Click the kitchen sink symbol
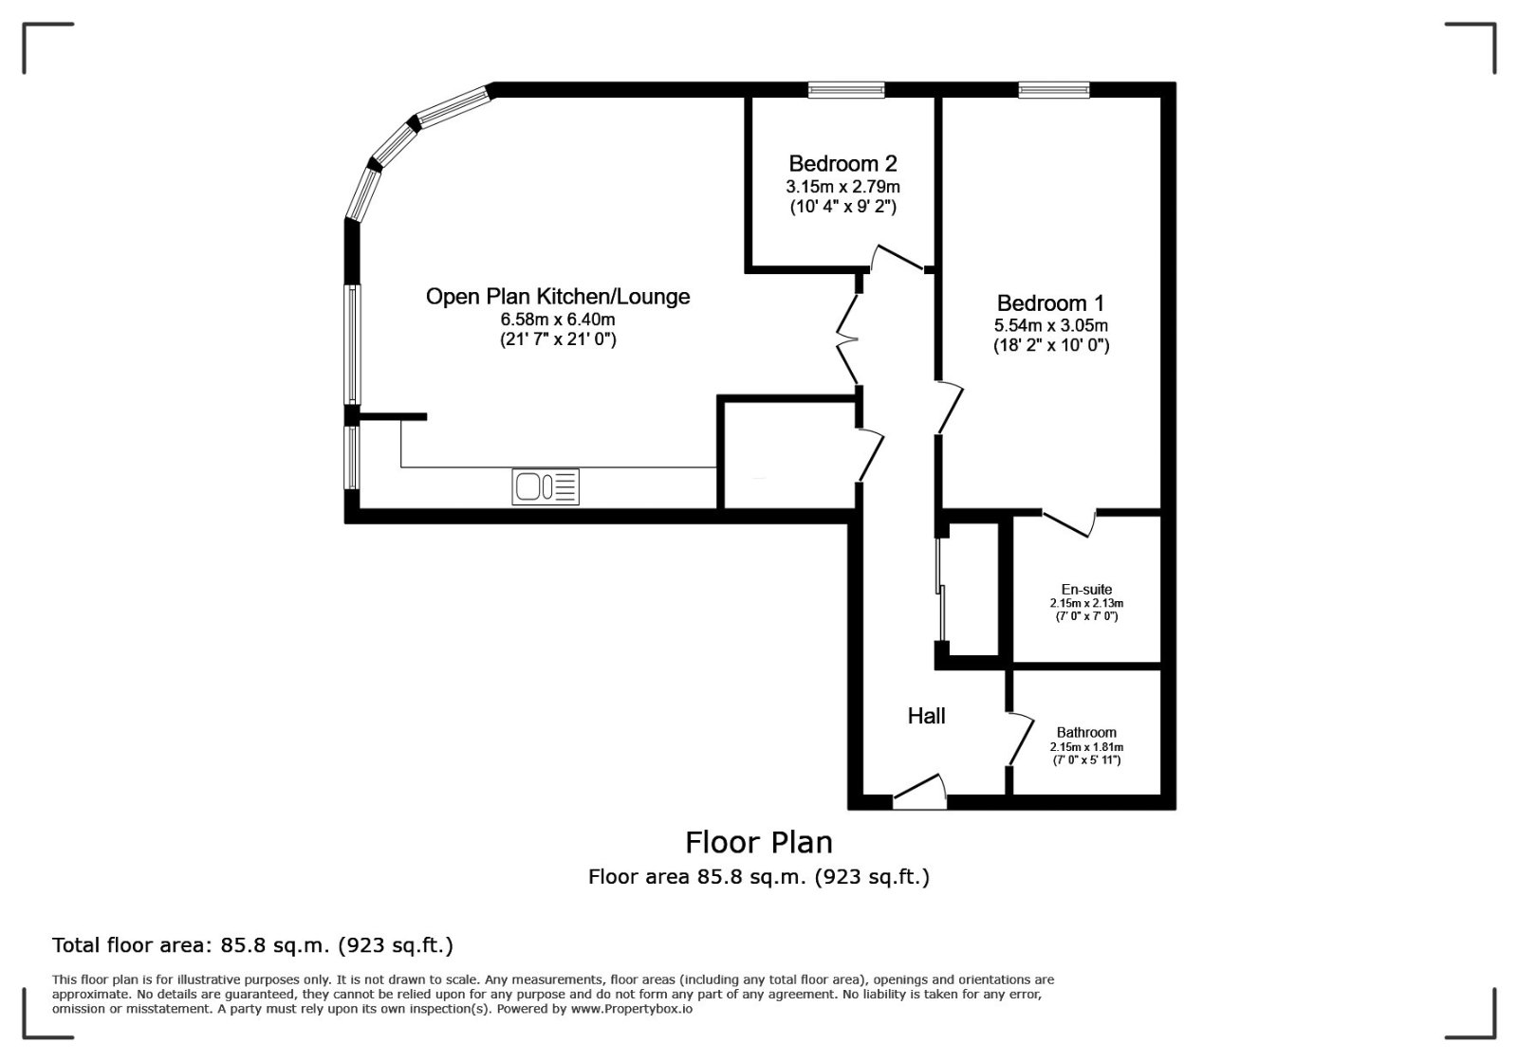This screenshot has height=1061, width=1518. point(546,486)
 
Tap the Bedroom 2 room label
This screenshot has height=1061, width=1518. point(842,164)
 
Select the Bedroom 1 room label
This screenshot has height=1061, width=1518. point(1051,302)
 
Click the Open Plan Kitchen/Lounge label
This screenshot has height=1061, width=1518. point(558,297)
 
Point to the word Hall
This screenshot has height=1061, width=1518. point(926,716)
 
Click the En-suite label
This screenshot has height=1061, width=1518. point(1086,589)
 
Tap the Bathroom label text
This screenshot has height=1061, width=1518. point(1086,732)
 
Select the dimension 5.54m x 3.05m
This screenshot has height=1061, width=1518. point(1051,325)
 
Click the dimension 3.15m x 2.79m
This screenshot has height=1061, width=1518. point(843,186)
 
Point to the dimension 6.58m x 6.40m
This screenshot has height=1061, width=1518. point(558,319)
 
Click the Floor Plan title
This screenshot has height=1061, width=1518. point(759,842)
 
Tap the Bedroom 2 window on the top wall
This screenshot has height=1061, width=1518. point(846,89)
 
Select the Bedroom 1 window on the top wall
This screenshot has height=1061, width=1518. point(1054,89)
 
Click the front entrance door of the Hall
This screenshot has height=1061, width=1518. point(919,792)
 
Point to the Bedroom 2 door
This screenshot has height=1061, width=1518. point(898,258)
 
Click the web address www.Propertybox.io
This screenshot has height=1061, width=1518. point(632,1009)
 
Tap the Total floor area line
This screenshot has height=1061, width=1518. point(252,945)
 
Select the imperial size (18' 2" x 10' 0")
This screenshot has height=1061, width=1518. point(1051,345)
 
